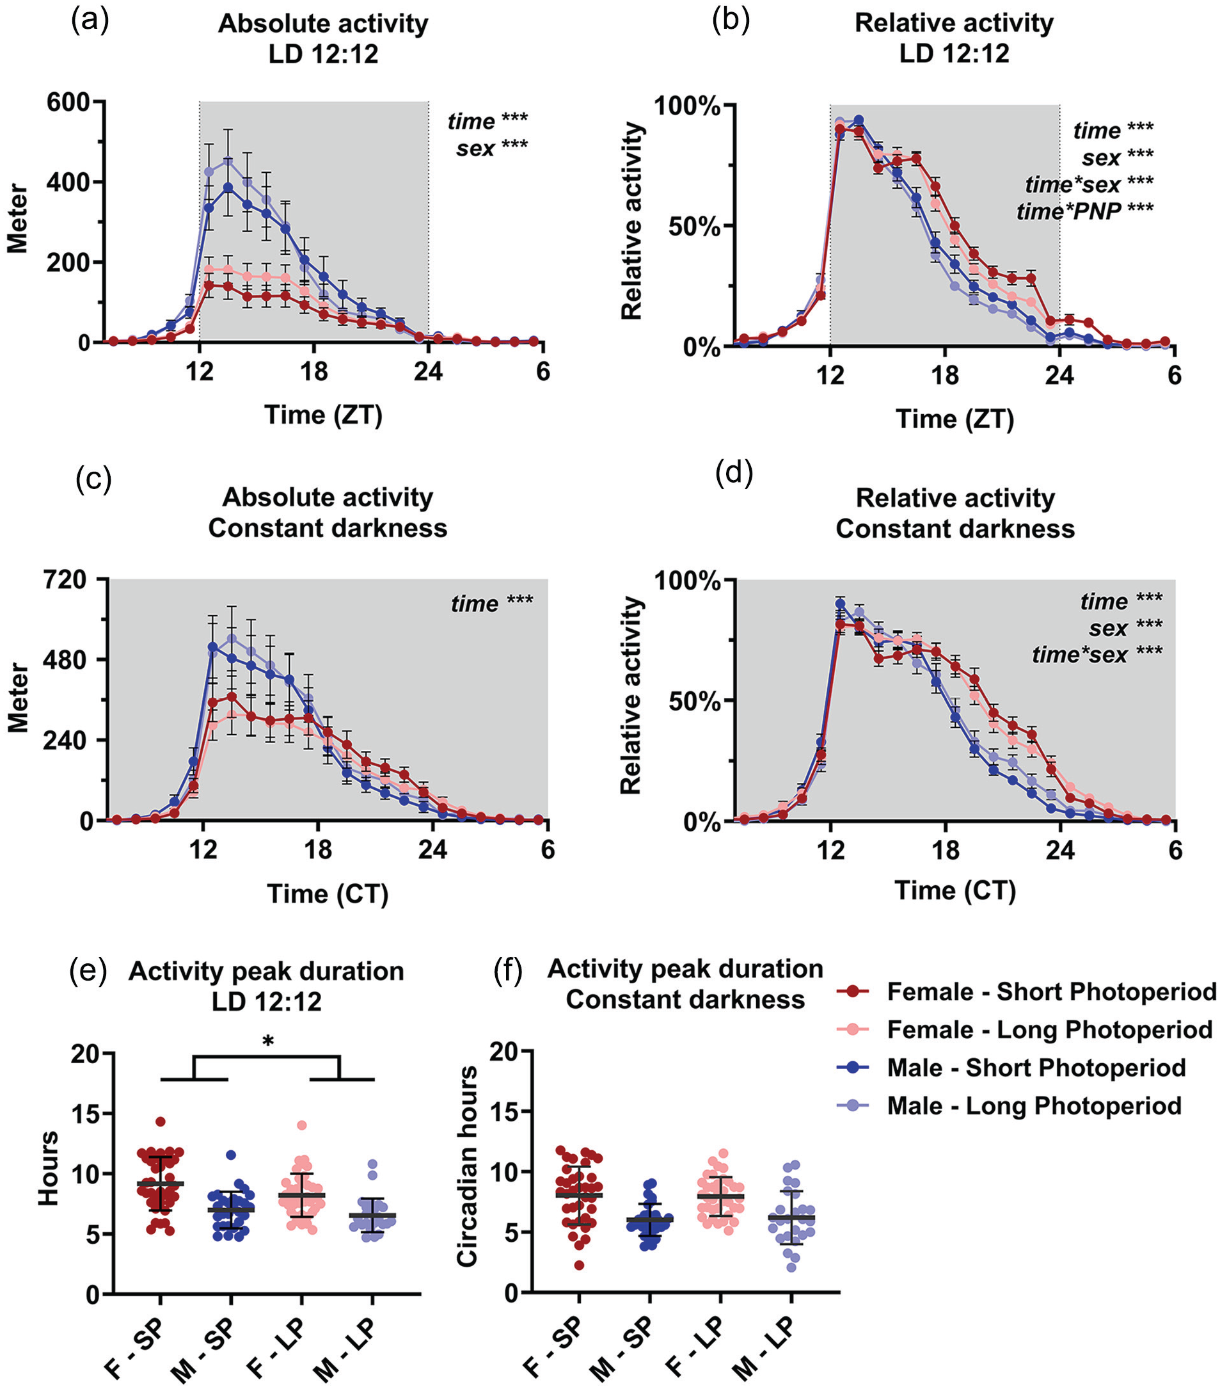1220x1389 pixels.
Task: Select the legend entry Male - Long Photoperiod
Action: coord(1008,1105)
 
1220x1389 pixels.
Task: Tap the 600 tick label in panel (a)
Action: coord(68,102)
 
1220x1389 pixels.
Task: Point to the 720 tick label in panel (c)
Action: coord(65,580)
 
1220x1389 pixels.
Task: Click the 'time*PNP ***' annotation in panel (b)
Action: coord(1085,211)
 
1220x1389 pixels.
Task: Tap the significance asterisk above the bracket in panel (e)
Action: coord(267,1041)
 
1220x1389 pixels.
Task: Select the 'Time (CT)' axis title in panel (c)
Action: coord(328,894)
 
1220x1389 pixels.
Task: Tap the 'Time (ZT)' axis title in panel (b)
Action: coord(955,419)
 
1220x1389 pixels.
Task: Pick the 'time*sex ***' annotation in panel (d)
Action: coord(1097,654)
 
